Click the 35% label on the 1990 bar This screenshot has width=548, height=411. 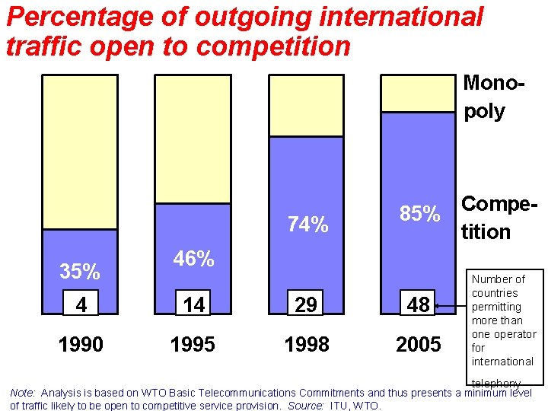pyautogui.click(x=80, y=271)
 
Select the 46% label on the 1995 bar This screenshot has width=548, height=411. pyautogui.click(x=193, y=259)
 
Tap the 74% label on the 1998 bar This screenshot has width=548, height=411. pyautogui.click(x=307, y=225)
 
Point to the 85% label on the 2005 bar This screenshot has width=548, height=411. pyautogui.click(x=420, y=215)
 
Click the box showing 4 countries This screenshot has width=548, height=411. pyautogui.click(x=81, y=305)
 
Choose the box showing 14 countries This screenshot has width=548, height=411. pyautogui.click(x=193, y=305)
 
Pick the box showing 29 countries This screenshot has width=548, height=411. pyautogui.click(x=306, y=305)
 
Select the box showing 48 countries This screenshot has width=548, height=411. pyautogui.click(x=419, y=305)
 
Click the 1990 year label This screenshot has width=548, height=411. pyautogui.click(x=81, y=345)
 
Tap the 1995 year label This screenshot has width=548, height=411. pyautogui.click(x=193, y=345)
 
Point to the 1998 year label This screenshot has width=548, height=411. pyautogui.click(x=307, y=345)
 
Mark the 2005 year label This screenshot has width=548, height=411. pyautogui.click(x=419, y=345)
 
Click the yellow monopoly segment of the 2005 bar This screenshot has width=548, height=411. pyautogui.click(x=418, y=94)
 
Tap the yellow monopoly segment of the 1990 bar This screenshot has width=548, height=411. pyautogui.click(x=80, y=152)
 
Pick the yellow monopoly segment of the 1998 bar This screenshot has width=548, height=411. pyautogui.click(x=306, y=106)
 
